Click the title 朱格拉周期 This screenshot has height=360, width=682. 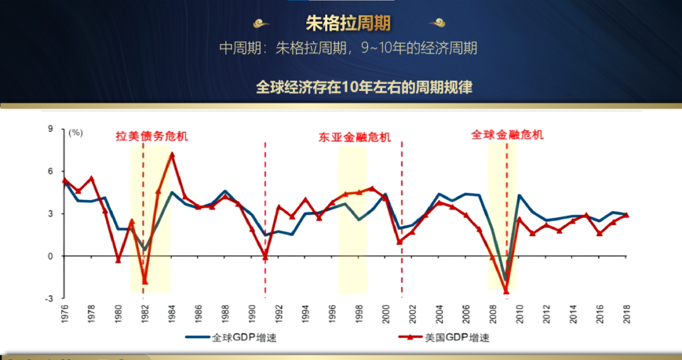click(x=348, y=23)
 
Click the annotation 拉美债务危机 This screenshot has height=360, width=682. click(x=152, y=136)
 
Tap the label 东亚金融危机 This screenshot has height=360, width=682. click(x=354, y=137)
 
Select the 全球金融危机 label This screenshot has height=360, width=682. click(x=507, y=135)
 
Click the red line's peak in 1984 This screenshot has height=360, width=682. click(x=172, y=154)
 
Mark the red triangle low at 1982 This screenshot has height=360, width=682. click(x=145, y=282)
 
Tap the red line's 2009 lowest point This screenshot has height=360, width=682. click(x=506, y=291)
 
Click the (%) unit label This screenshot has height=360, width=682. click(x=76, y=133)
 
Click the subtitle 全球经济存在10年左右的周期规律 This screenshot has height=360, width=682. click(x=364, y=87)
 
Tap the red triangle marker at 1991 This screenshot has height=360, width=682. click(x=265, y=256)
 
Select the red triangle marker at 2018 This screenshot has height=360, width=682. click(x=626, y=215)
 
